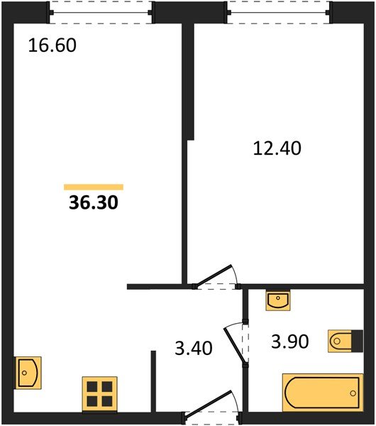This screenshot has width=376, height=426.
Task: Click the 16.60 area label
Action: tap(52, 45)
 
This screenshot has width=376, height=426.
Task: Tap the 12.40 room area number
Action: tap(277, 148)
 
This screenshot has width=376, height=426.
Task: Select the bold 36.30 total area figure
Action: tap(94, 202)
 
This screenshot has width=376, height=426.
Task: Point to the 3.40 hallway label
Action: tap(194, 348)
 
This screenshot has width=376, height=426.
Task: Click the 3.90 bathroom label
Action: tap(290, 342)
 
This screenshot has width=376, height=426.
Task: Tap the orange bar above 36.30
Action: tap(94, 187)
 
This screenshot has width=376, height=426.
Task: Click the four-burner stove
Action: tap(99, 394)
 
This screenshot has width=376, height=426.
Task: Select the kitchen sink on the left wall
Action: tap(28, 373)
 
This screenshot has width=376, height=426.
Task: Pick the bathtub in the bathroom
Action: tap(323, 393)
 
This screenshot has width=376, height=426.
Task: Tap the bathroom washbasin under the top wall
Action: tap(277, 300)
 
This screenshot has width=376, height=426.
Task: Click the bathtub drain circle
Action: tap(353, 393)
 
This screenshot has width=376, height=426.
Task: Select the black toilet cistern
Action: tap(358, 341)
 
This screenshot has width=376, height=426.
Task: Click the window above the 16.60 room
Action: tap(101, 13)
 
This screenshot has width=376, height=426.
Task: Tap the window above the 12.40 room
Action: tap(279, 13)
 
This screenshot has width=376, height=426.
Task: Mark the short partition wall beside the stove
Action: tap(153, 381)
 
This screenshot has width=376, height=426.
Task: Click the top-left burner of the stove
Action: tap(92, 386)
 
